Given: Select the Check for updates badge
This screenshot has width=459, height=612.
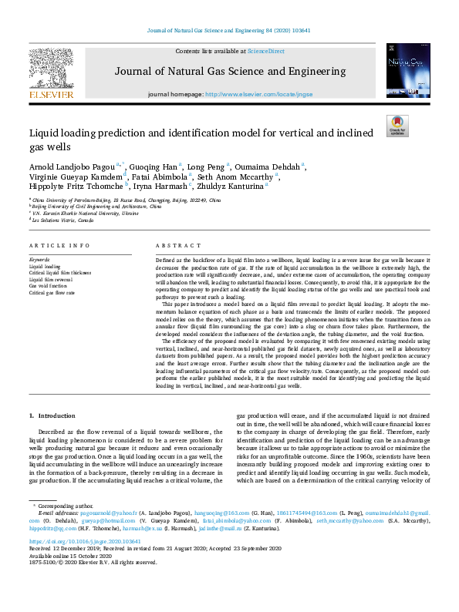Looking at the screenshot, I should (x=397, y=126).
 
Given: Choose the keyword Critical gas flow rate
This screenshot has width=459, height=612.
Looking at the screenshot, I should (x=52, y=293).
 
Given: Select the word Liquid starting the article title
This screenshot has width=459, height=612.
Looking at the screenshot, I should (x=44, y=133).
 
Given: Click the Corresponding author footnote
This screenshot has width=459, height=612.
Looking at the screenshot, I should (x=66, y=506).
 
